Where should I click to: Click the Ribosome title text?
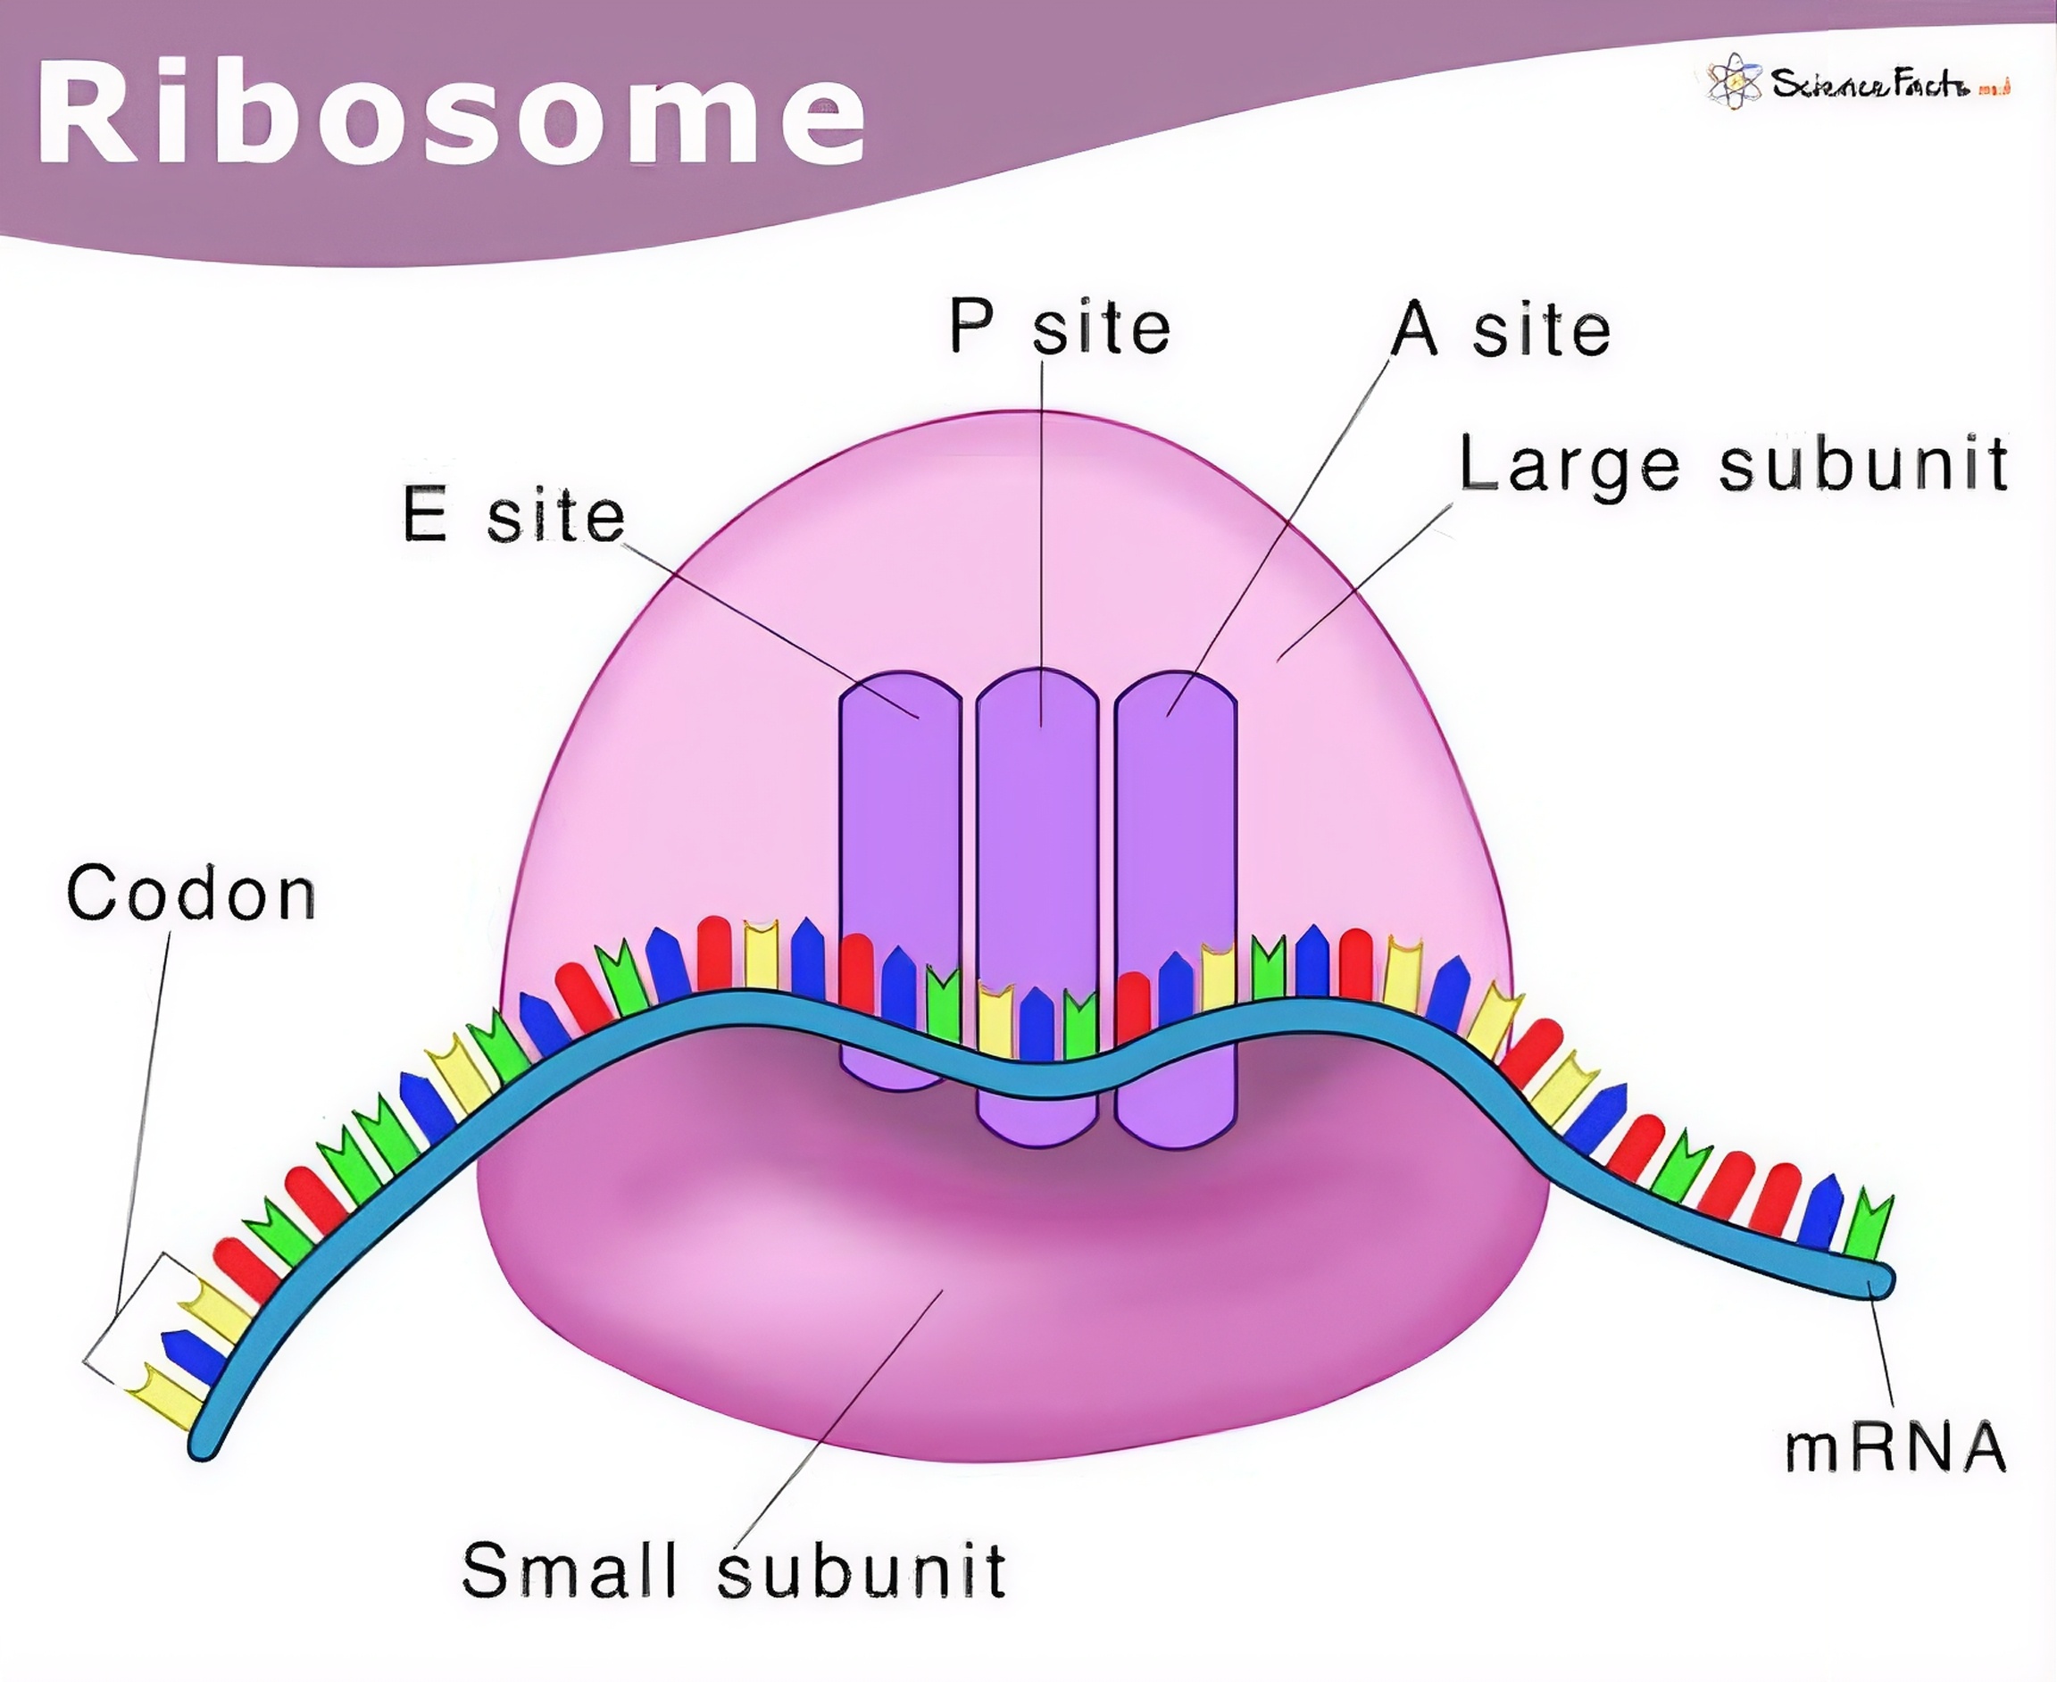point(451,114)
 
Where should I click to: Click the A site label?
point(1500,329)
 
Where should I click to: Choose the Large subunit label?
point(1732,464)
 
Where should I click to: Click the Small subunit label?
point(734,1570)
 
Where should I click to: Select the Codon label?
point(191,893)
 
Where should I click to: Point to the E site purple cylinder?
point(899,823)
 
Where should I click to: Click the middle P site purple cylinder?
point(1037,823)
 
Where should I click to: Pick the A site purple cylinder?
point(1175,823)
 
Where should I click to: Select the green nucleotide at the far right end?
point(1866,1227)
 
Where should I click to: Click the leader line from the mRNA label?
point(1882,1353)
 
